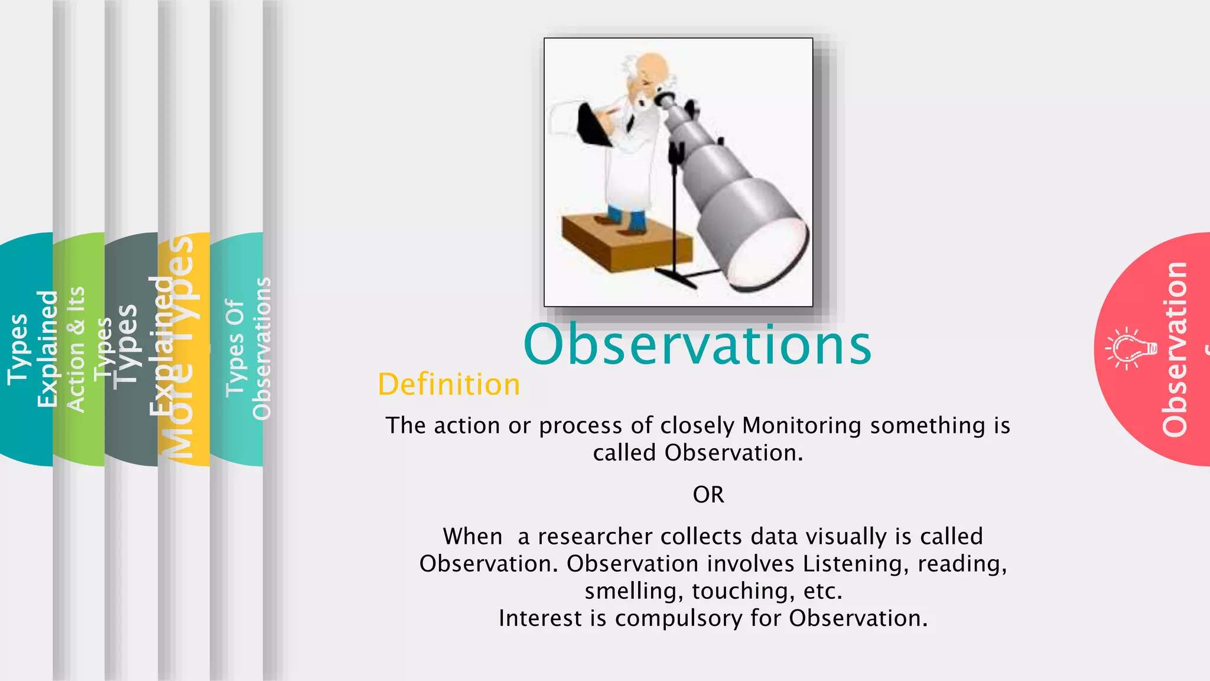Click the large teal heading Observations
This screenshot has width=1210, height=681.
point(697,345)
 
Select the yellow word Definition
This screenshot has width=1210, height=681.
point(449,385)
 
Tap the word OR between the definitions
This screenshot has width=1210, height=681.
point(708,495)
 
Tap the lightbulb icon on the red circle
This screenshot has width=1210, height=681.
point(1131,349)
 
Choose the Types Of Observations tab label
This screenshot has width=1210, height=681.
point(248,349)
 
